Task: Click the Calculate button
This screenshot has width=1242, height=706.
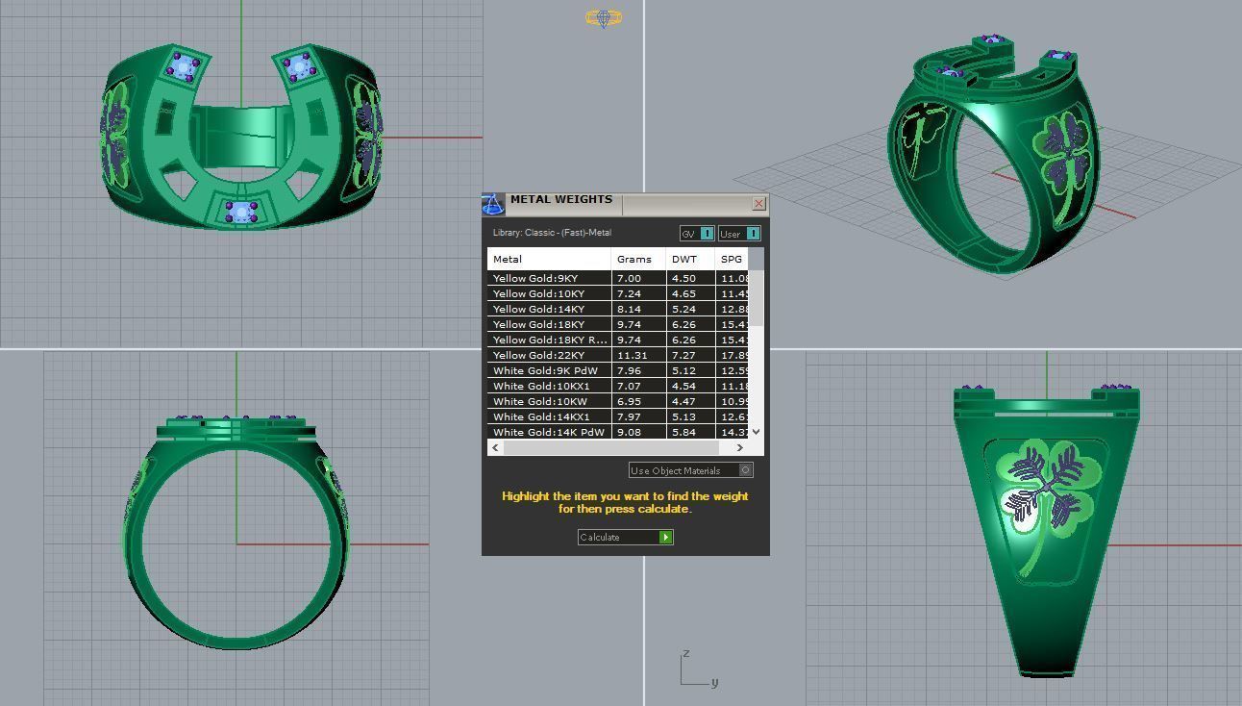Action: point(625,537)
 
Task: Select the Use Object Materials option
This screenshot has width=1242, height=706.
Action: point(690,470)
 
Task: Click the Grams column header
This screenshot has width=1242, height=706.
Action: point(634,259)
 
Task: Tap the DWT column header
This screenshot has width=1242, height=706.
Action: point(684,259)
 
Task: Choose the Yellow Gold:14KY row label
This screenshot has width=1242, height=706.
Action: point(538,309)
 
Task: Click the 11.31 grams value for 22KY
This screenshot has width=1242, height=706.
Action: point(632,355)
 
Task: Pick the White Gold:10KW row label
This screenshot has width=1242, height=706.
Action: point(538,401)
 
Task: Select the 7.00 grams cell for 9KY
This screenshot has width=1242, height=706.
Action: point(629,278)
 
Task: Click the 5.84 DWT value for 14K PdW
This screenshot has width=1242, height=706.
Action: point(683,432)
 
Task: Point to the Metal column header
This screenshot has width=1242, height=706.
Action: point(508,259)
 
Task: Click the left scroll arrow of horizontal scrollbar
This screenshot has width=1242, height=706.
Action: point(496,447)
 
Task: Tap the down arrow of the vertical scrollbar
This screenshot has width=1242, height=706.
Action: point(756,432)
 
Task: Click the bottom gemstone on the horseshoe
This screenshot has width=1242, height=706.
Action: point(240,212)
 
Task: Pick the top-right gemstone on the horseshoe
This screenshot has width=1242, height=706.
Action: point(299,65)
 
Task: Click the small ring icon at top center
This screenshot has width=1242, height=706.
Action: point(604,18)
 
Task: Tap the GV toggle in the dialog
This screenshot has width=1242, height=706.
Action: point(697,234)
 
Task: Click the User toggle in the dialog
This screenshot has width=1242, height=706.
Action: point(739,234)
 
